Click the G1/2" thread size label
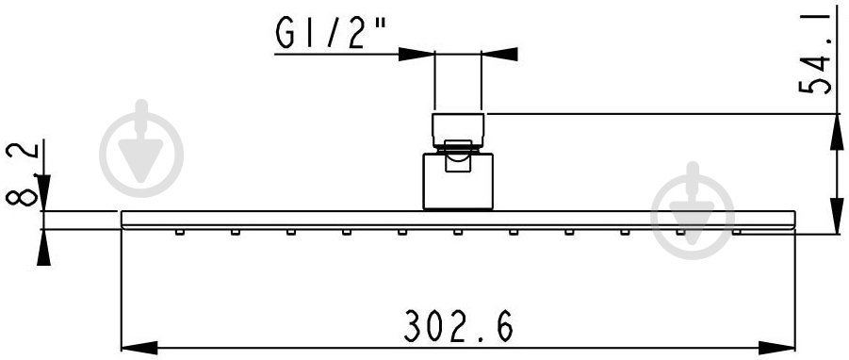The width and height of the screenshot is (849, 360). coord(331,32)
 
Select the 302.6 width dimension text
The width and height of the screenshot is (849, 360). coord(458,326)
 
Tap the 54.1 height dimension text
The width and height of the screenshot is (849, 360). coord(815,54)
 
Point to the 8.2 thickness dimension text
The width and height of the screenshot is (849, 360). coord(23,173)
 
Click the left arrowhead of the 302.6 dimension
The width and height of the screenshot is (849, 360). coord(139,348)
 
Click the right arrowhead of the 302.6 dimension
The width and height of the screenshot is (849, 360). coord(777,348)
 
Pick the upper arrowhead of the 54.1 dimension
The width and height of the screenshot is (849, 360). coord(837,132)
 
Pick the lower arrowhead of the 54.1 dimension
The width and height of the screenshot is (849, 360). coord(837,216)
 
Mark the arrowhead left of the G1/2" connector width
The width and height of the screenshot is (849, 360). coord(416,54)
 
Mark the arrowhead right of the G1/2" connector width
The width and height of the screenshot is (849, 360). coord(499,54)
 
